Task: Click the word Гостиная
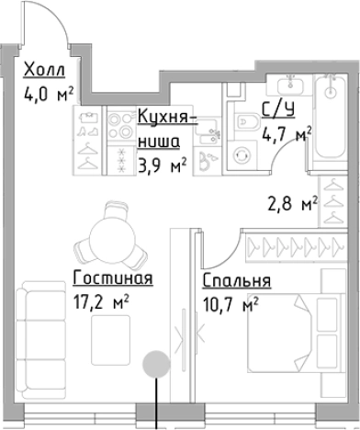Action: [110, 278]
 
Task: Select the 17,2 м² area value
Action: [99, 300]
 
